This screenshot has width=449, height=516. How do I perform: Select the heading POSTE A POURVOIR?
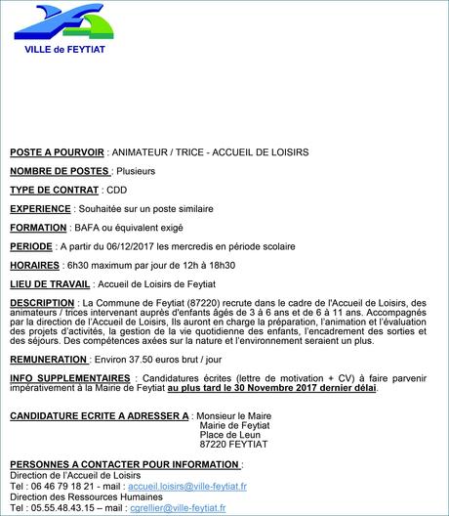click(56, 152)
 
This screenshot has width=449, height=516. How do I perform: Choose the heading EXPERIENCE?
click(40, 208)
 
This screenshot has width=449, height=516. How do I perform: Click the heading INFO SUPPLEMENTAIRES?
click(69, 378)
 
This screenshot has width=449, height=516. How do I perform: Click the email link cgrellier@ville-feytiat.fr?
click(175, 507)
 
